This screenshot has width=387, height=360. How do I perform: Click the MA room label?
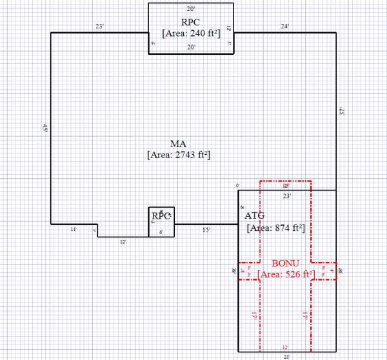coord(179,143)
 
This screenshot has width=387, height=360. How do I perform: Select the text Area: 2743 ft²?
coord(180,155)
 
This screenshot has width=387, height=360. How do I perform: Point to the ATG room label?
coord(255,215)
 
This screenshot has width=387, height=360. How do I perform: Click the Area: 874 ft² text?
coord(275,228)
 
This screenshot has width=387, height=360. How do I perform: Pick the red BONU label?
coord(286,264)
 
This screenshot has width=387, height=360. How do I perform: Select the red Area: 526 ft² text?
coord(286,275)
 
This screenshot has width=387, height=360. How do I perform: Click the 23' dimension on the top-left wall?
coord(99,26)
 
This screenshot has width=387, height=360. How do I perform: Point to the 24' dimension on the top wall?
coord(284,26)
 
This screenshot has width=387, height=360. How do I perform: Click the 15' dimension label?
coord(206,230)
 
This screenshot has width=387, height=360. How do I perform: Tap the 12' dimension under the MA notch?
coord(123,241)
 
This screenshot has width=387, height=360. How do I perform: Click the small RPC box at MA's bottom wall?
coord(161,216)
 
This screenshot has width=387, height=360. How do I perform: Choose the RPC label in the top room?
coord(192,21)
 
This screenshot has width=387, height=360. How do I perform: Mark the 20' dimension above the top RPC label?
coord(191,9)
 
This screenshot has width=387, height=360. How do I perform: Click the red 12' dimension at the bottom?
coord(286,347)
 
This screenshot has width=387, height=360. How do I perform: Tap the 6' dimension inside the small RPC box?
coord(161,232)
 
